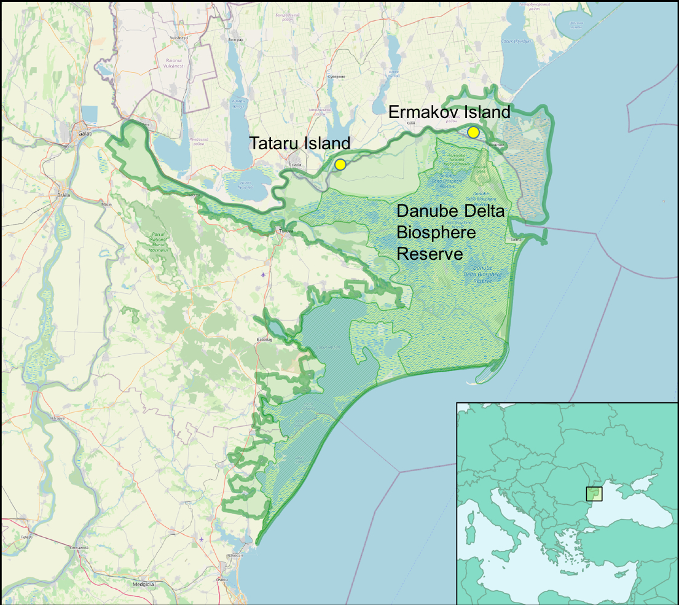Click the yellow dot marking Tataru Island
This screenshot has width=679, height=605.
[x=340, y=164]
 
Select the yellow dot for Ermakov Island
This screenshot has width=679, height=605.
[x=473, y=132]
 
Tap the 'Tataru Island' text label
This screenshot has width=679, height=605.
[x=299, y=144]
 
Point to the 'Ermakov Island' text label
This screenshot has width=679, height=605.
[x=449, y=112]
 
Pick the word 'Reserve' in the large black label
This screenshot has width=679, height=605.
[x=430, y=253]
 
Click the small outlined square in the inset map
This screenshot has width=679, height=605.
[x=594, y=493]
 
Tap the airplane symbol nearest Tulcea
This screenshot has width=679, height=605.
[x=264, y=274]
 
